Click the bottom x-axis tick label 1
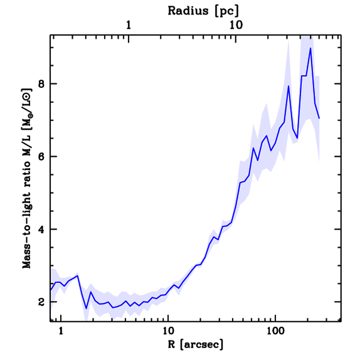click(61, 331)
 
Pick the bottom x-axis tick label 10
click(168, 331)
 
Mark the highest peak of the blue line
click(310, 48)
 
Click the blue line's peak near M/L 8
click(288, 86)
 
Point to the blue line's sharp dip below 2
click(86, 309)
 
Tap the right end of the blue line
click(319, 118)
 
